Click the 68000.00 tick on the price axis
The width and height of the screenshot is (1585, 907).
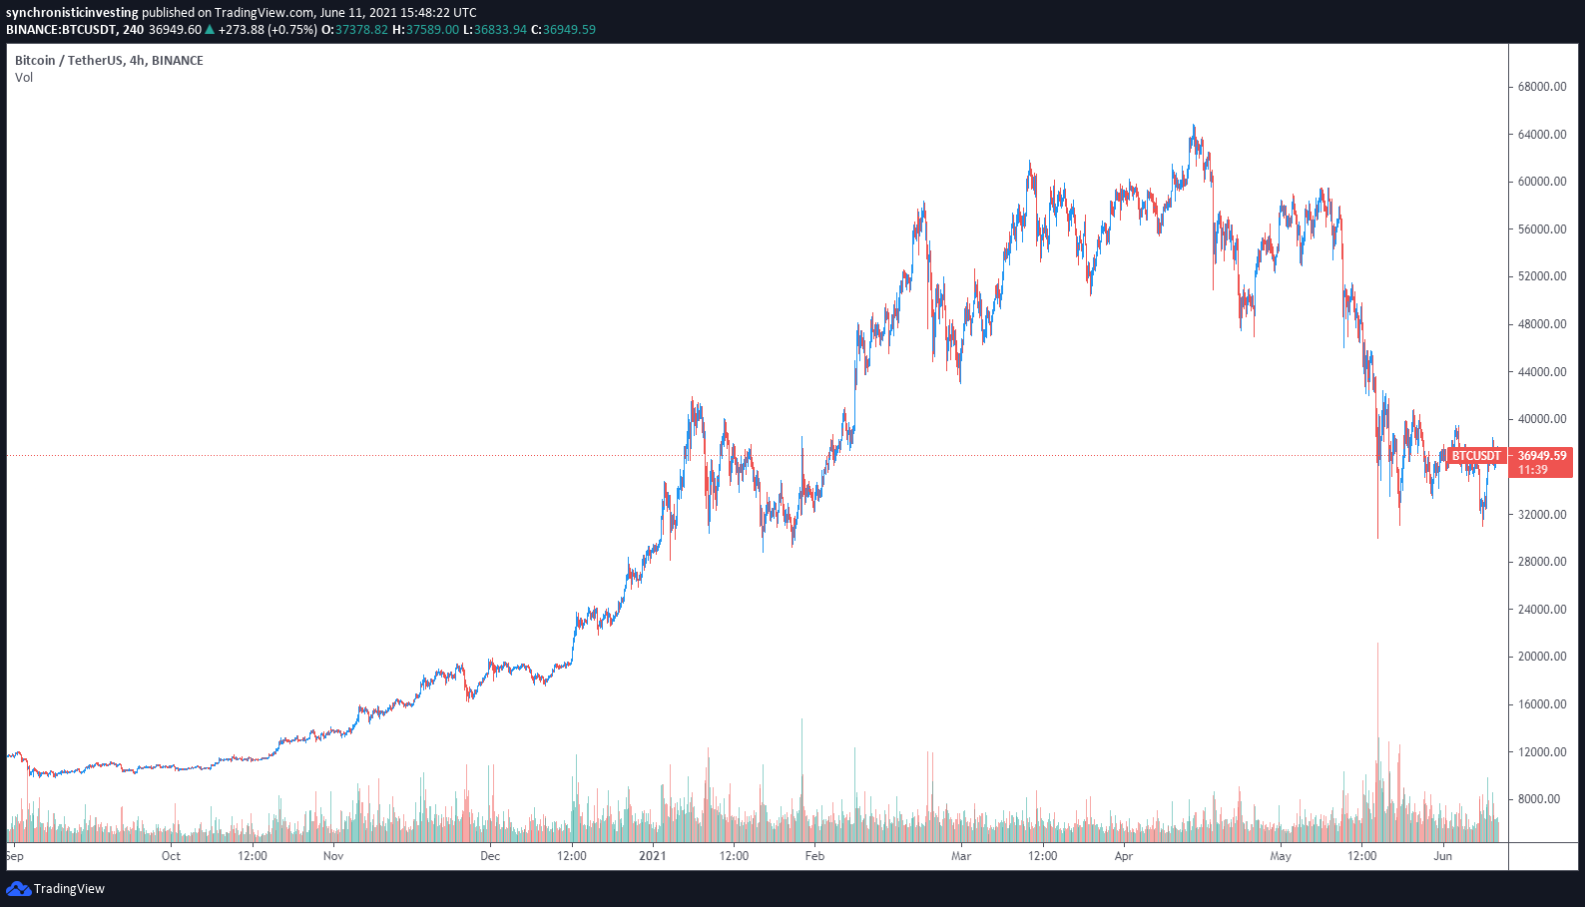pos(1541,87)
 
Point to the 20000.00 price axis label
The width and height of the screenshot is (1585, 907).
pos(1541,657)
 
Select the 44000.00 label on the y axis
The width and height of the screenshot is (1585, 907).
pos(1541,372)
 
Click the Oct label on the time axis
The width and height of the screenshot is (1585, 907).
pos(171,856)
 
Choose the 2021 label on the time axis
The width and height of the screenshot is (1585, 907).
pos(653,856)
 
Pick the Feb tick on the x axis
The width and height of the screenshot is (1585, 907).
pos(814,856)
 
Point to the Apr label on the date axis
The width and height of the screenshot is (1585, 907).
pos(1124,856)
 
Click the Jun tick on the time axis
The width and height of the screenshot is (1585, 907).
pos(1442,856)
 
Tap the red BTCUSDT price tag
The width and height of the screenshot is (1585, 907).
pos(1475,456)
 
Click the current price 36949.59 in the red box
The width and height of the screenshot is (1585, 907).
pos(1542,456)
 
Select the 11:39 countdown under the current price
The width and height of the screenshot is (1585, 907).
pos(1533,470)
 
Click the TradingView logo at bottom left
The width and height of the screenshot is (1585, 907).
pos(56,889)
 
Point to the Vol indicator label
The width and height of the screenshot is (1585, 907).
pos(24,78)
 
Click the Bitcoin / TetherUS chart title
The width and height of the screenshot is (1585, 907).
pos(109,61)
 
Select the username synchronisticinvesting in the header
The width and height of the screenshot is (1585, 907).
pos(72,13)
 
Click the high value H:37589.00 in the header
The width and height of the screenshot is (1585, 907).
pos(425,30)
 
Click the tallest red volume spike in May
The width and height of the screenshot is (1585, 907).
pos(1377,698)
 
